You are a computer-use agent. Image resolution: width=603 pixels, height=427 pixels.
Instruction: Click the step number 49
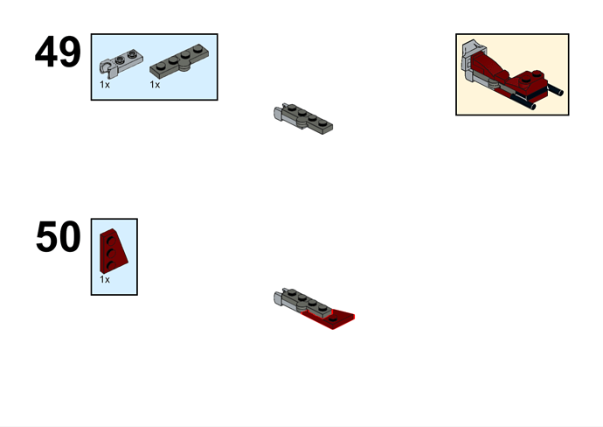tap(58, 52)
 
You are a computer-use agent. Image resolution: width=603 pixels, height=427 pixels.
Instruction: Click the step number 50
tap(59, 237)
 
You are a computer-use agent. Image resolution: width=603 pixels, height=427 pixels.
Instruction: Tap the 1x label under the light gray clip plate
tap(105, 85)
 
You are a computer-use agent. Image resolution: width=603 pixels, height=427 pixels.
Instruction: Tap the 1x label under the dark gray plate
tap(155, 85)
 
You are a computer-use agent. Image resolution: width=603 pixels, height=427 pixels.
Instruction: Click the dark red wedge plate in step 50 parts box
tap(114, 250)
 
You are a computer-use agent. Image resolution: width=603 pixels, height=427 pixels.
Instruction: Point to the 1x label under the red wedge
tap(105, 279)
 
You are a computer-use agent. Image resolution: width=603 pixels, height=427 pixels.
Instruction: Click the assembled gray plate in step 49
tap(307, 118)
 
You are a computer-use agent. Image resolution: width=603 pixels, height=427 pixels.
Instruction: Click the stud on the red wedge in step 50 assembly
tap(333, 318)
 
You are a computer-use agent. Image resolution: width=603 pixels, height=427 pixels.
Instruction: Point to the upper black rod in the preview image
tap(555, 90)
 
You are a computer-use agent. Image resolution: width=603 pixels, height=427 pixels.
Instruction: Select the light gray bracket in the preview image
tap(471, 60)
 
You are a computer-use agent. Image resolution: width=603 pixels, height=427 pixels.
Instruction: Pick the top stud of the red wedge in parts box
tap(112, 241)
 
